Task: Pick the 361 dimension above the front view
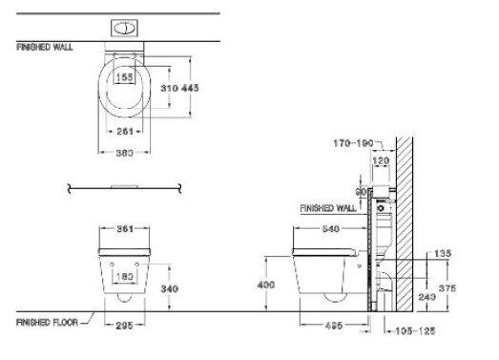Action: point(124,228)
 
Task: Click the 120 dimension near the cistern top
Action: point(383,163)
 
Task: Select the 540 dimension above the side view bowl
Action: point(328,229)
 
